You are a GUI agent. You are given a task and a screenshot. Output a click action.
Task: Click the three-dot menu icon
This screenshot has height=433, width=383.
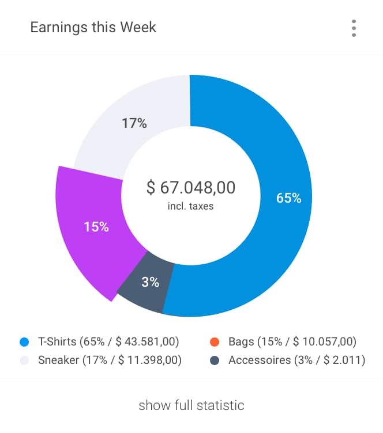click(354, 28)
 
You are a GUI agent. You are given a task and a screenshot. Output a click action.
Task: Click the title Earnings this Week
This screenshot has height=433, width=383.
click(93, 27)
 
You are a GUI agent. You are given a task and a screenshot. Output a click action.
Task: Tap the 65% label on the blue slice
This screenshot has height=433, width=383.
click(289, 198)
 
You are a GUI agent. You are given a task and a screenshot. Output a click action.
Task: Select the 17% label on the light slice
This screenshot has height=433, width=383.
click(134, 123)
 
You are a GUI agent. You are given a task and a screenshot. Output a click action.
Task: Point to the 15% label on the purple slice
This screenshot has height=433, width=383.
click(96, 226)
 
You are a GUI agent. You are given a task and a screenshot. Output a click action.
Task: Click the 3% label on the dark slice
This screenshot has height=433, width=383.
click(150, 282)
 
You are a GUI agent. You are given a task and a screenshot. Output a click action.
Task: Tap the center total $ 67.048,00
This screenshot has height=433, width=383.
click(191, 188)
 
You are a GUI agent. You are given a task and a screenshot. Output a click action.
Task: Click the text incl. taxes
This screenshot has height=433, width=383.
click(191, 206)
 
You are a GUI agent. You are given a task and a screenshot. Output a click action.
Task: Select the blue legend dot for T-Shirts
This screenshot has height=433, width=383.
click(24, 342)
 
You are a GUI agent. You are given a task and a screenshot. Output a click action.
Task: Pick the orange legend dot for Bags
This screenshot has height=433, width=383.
click(214, 342)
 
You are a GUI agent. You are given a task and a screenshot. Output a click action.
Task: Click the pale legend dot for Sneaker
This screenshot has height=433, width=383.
click(24, 361)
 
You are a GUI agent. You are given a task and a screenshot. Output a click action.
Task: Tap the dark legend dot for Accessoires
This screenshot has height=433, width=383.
click(214, 361)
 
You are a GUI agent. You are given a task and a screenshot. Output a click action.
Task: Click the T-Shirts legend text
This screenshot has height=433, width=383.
click(108, 342)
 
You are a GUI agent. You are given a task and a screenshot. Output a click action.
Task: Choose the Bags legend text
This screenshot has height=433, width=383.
click(292, 342)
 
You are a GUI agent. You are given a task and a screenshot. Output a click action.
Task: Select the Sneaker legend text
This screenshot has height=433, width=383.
click(110, 361)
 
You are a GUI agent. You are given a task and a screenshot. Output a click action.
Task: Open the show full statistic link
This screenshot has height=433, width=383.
click(191, 405)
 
